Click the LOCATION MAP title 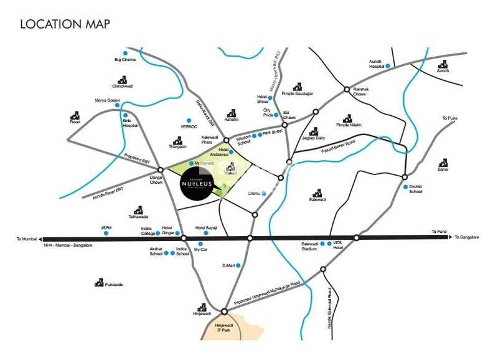65,24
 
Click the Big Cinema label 125,60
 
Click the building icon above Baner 443,163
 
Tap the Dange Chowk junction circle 160,169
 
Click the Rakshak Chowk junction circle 347,90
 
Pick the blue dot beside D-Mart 237,265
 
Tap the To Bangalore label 469,237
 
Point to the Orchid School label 416,189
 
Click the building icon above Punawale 99,282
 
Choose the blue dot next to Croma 263,194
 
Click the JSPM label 106,228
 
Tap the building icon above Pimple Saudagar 298,87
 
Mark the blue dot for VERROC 188,120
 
